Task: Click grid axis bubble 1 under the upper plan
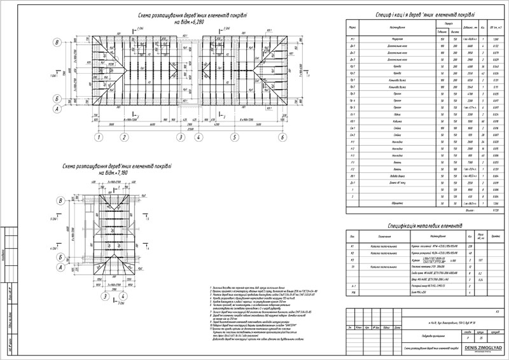99,137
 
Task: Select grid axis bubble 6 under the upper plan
281,137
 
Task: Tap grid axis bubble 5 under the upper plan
235,137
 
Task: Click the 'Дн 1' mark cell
352,46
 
